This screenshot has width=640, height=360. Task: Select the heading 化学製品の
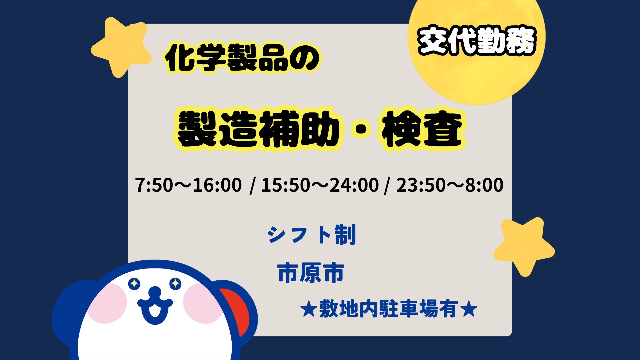[243, 59]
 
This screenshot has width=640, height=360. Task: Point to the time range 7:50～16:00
[188, 185]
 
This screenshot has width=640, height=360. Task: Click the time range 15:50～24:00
[320, 185]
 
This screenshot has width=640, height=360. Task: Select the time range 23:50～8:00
[450, 185]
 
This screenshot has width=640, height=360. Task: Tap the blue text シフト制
[312, 235]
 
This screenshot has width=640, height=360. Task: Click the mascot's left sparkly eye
[134, 284]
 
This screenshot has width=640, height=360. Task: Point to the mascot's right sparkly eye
[175, 284]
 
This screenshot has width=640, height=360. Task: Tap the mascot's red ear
[239, 310]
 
